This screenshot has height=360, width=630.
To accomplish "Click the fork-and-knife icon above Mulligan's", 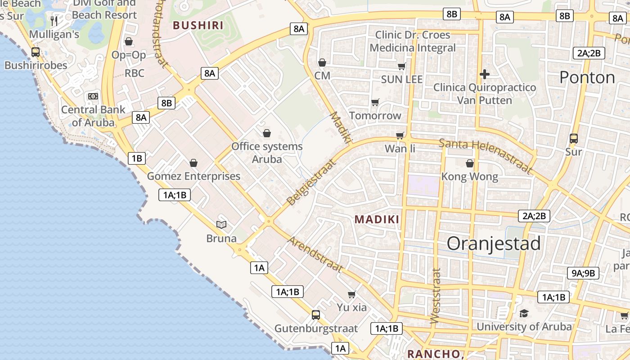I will pos(54,21).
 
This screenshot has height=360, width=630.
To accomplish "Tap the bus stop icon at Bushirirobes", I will pos(36,52).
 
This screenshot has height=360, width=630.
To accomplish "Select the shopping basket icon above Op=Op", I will pos(129,41).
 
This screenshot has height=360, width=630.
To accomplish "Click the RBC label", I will pos(135,73).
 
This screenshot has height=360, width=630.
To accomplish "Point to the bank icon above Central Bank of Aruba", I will pos(93,96).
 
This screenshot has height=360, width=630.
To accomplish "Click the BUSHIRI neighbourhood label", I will pos(198,25).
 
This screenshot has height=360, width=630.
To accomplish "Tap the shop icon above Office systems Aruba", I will pos(267,133).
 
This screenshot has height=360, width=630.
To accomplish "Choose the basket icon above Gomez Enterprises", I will pos(193,163).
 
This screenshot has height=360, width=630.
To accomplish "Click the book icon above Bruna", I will pos(221,224).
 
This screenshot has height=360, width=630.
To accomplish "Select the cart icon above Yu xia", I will pos(352,294).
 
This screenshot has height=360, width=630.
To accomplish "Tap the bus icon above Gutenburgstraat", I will pos(316,315).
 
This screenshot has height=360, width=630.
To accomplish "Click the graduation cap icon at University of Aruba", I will pos(524,313).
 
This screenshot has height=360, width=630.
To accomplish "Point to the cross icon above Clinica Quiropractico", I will pos(485,74).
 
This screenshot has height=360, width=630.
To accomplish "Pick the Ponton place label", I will pos(587,77).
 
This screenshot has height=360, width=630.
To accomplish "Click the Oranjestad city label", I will pos(494,243).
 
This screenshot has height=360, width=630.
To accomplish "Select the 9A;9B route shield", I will pos(583,273).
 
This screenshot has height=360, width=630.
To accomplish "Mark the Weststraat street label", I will pos(435,296).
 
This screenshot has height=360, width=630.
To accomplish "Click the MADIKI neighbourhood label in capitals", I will pos(377,219).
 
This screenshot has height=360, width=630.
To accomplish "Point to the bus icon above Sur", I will pos(574,138).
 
